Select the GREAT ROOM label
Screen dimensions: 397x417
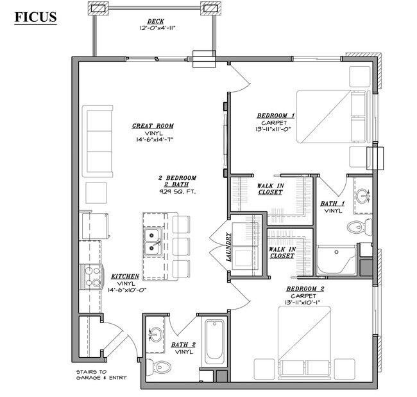click(153, 126)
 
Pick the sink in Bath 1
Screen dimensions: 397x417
click(364, 195)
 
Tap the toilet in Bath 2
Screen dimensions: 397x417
click(158, 367)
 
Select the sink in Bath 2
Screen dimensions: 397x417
click(155, 333)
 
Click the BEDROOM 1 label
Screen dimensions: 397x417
click(276, 115)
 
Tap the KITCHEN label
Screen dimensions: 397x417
click(125, 276)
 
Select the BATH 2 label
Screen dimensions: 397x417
click(184, 345)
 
